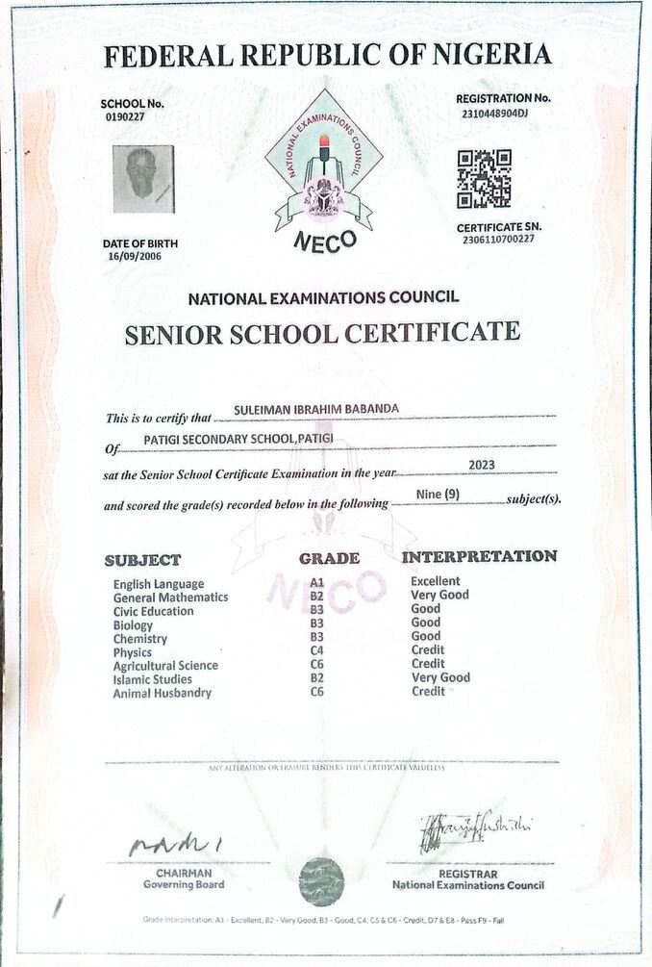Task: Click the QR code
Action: click(484, 179)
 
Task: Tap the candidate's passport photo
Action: click(143, 179)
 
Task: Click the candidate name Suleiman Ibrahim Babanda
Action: click(316, 409)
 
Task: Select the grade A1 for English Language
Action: click(316, 583)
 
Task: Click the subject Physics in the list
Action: click(133, 652)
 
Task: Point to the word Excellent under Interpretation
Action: click(436, 581)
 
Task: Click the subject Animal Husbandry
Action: click(163, 693)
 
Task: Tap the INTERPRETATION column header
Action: click(479, 556)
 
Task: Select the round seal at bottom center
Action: click(320, 879)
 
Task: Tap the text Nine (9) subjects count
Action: click(439, 495)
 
